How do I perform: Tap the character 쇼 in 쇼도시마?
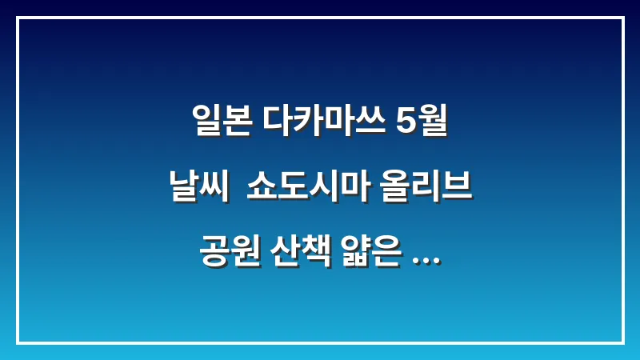(x=261, y=190)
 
